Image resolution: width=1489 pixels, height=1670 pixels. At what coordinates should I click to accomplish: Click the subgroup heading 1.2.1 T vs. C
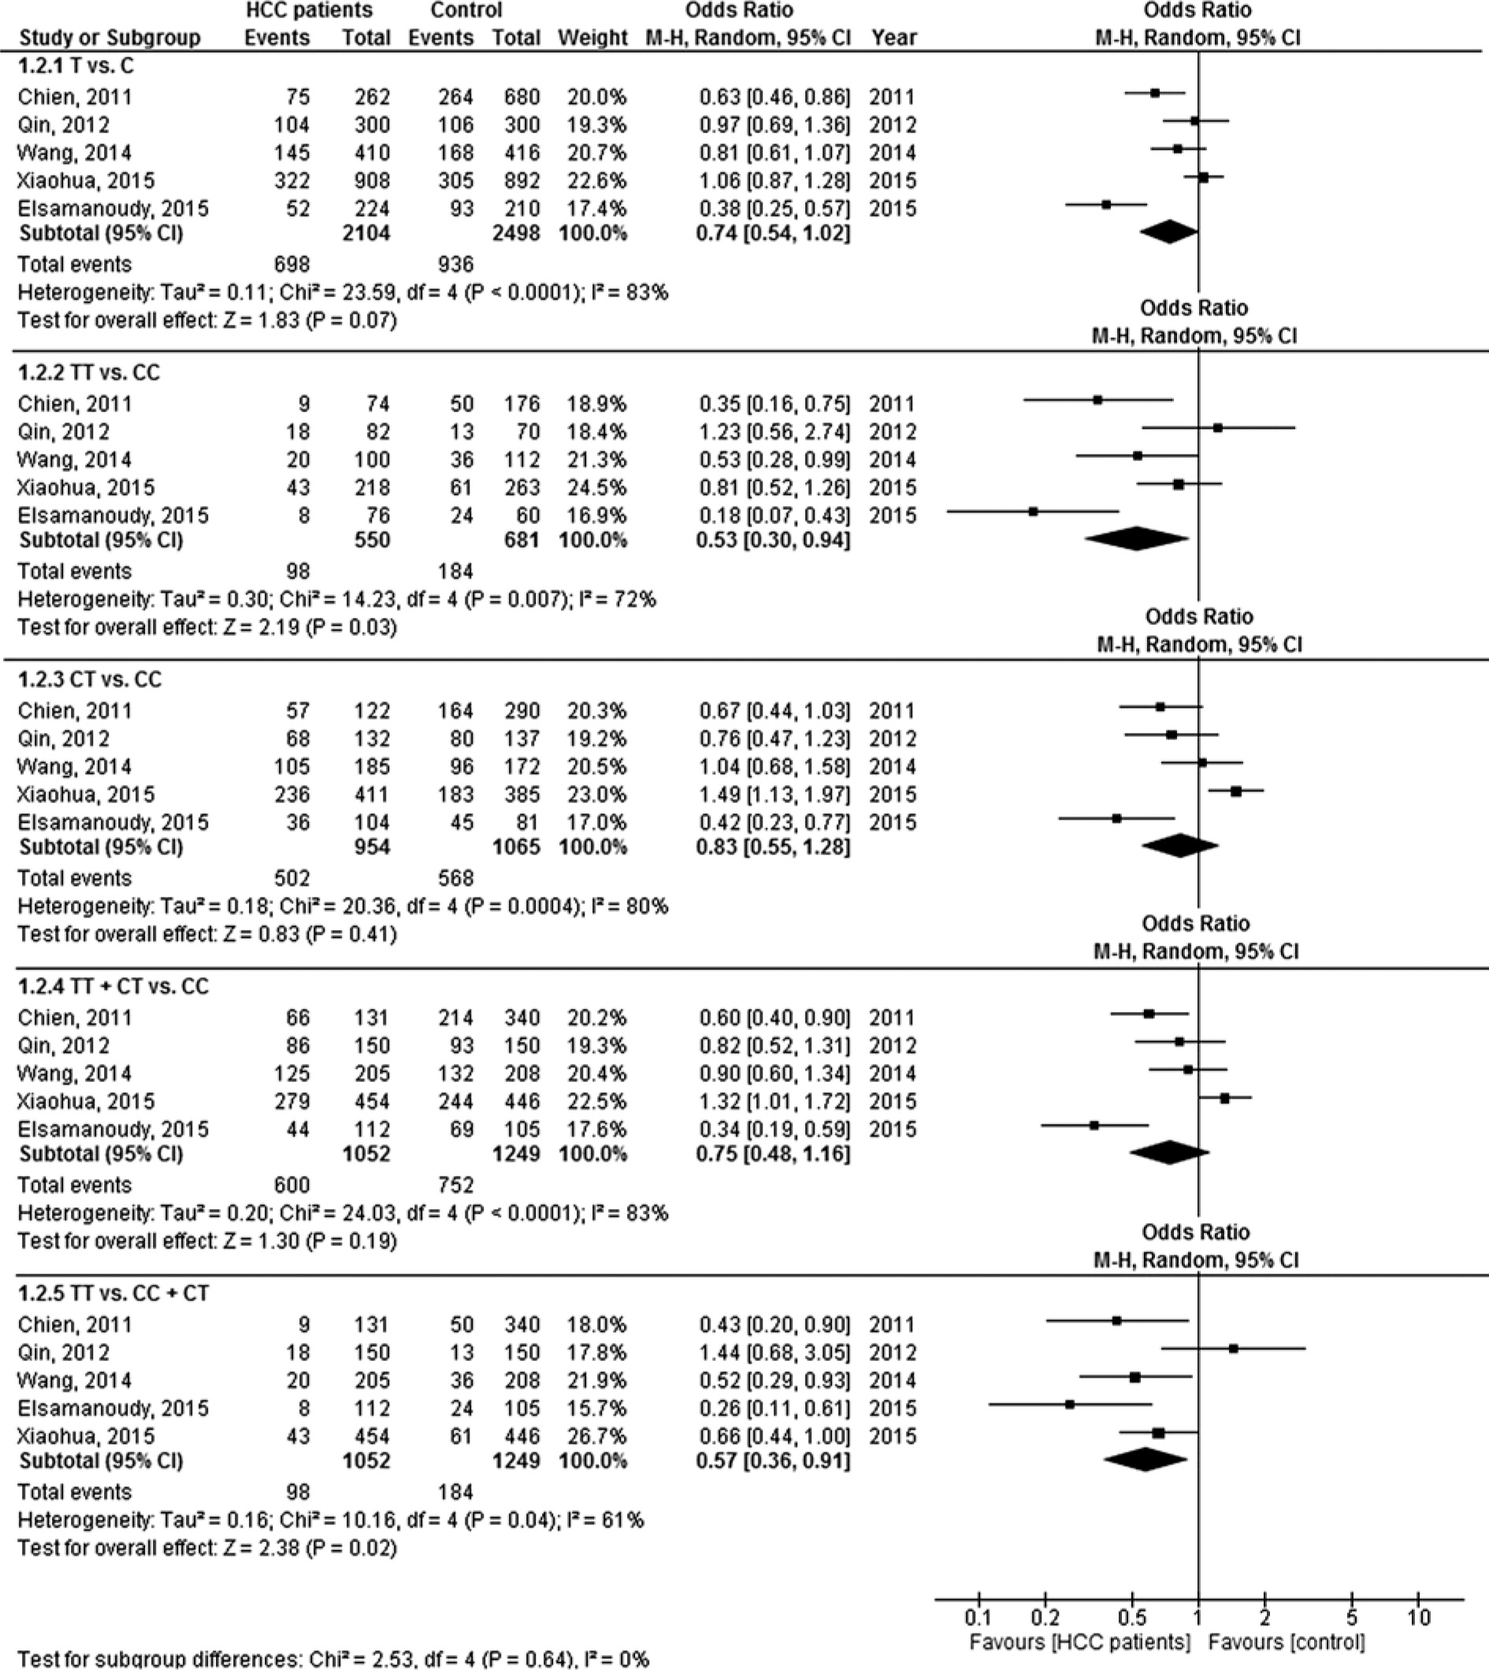76,66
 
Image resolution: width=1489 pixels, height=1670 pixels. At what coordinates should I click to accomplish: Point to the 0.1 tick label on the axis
978,1618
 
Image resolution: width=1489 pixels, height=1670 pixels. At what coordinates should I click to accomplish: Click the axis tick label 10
1418,1618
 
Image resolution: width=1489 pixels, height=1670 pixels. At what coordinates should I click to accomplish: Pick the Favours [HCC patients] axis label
1079,1642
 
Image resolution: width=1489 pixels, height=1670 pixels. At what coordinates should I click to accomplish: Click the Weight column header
592,38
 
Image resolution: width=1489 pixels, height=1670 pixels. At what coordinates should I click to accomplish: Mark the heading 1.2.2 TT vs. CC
89,373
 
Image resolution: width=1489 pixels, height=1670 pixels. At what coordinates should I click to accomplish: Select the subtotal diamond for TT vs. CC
1135,538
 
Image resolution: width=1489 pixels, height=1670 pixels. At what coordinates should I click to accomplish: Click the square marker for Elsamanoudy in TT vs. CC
1034,511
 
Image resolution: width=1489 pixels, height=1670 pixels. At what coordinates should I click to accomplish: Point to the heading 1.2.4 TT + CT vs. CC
113,987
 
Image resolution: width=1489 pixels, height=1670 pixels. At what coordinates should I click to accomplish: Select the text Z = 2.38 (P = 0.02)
310,1548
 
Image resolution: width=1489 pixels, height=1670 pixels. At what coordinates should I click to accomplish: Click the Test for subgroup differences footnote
333,1660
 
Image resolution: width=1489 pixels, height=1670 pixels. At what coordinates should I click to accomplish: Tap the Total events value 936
455,264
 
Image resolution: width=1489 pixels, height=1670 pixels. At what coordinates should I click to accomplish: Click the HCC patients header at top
310,10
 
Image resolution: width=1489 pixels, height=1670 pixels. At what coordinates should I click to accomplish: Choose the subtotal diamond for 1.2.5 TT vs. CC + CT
1145,1460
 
